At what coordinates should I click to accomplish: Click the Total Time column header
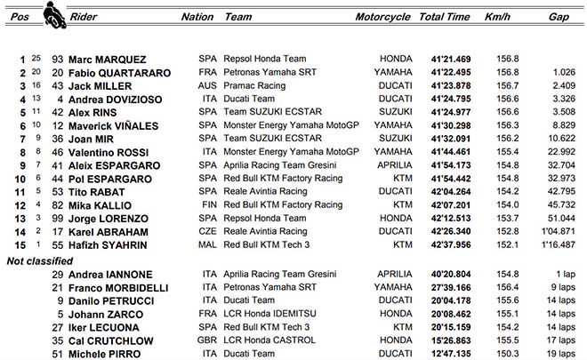click(x=445, y=17)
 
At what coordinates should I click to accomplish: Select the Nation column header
click(x=197, y=17)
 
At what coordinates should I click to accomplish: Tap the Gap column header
click(x=559, y=17)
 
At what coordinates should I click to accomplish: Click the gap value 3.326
click(x=558, y=99)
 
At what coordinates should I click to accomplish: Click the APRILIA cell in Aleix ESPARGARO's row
click(x=393, y=165)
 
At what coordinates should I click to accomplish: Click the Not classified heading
click(x=40, y=260)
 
